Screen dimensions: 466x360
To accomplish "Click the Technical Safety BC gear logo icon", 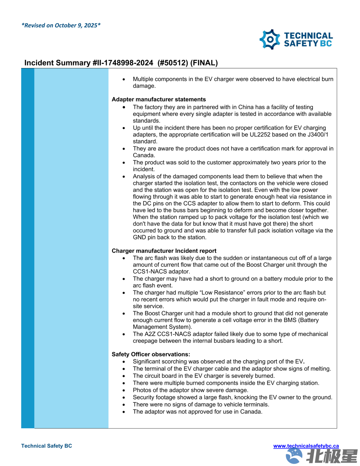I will point(270,39).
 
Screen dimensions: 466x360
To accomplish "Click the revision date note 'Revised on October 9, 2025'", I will point(61,25).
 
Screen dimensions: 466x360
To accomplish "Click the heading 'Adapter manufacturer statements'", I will point(159,99).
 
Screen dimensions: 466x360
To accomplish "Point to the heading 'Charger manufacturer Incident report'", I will point(164,251).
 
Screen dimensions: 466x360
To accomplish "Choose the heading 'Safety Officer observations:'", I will point(151,354).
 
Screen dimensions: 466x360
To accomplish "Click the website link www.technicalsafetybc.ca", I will point(306,446).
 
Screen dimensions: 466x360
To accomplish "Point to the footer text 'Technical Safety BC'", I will point(47,446).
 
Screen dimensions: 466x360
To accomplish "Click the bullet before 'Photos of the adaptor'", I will point(124,390).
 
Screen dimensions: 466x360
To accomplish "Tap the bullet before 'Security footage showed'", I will point(124,397).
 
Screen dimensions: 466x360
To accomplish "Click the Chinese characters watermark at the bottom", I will point(332,456).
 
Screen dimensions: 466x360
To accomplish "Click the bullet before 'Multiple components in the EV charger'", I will point(124,79).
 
